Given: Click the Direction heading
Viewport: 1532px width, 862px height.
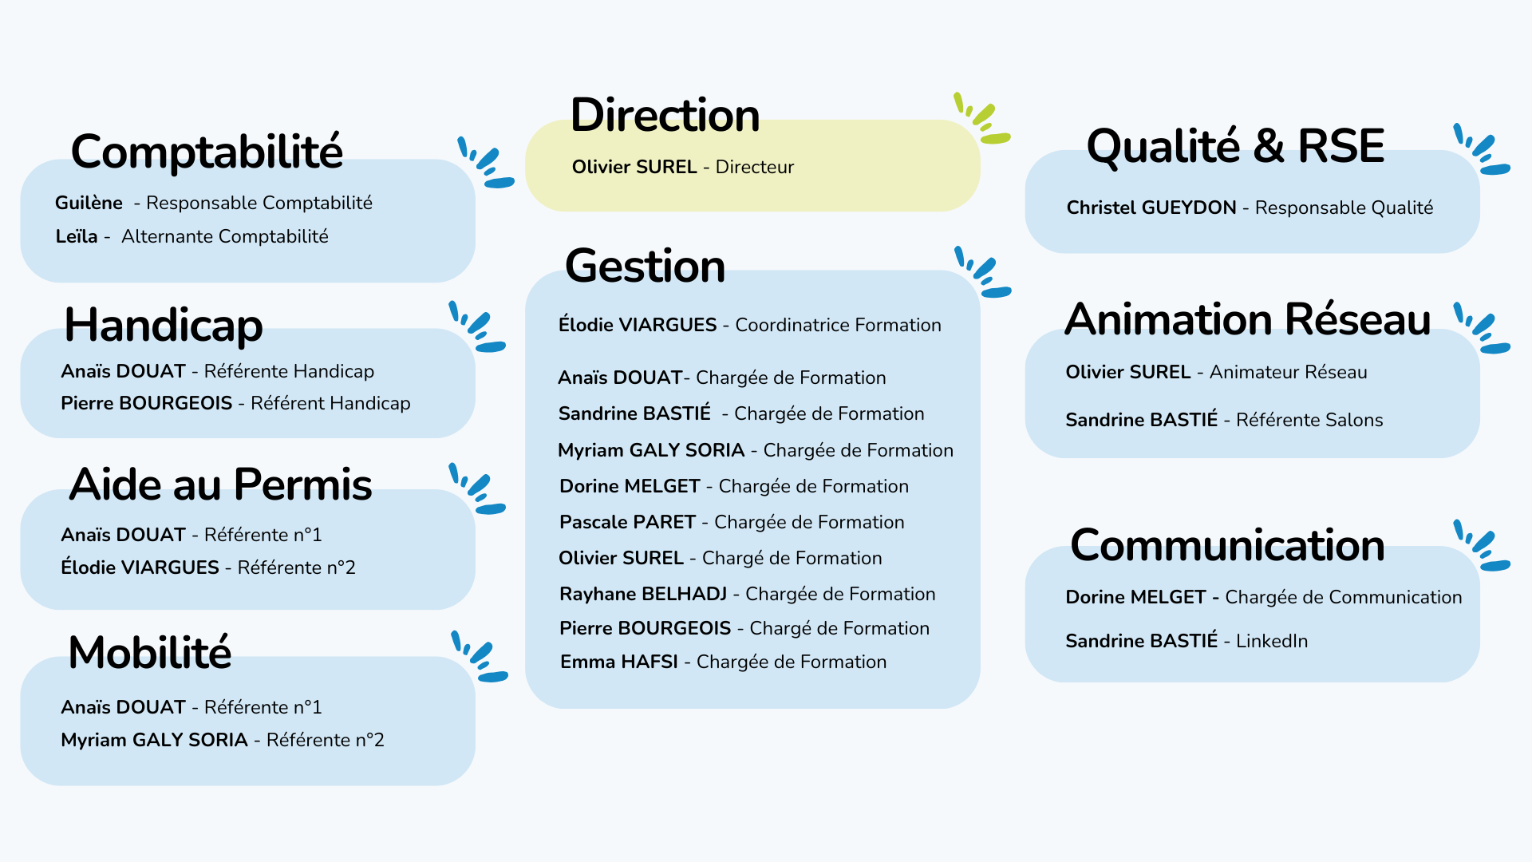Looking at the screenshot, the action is point(665,115).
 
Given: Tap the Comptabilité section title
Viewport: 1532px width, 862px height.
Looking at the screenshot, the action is point(207,152).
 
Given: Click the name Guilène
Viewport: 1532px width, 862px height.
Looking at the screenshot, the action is point(89,203).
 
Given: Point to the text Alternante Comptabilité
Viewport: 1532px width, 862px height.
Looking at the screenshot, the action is point(225,236).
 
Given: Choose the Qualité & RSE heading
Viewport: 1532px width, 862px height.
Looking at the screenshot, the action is point(1235,146).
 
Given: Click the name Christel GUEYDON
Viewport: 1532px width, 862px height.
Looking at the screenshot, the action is point(1151,208).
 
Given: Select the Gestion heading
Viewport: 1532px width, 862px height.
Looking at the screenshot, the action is point(645,266).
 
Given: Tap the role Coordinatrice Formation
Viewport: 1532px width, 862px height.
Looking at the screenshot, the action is point(838,325).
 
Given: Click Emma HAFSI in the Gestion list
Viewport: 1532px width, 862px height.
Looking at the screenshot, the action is point(619,662).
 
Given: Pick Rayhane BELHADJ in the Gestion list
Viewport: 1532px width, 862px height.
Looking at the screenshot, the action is point(643,594).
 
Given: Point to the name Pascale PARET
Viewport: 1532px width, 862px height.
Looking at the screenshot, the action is point(627,522).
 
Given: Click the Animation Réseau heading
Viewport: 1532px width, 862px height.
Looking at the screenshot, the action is point(1248,319).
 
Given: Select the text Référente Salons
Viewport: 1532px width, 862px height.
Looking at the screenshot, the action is point(1309,420).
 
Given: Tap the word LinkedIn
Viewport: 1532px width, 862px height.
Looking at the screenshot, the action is point(1272,641).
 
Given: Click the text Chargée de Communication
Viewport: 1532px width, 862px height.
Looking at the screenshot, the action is point(1344,597).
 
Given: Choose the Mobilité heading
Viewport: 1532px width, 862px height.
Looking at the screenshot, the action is point(150,652).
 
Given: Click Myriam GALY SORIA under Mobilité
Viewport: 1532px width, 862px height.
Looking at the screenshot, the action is point(154,740).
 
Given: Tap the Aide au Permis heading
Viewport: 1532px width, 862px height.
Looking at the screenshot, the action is point(221,484).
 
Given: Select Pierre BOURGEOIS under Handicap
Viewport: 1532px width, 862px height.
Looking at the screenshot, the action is point(146,403).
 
